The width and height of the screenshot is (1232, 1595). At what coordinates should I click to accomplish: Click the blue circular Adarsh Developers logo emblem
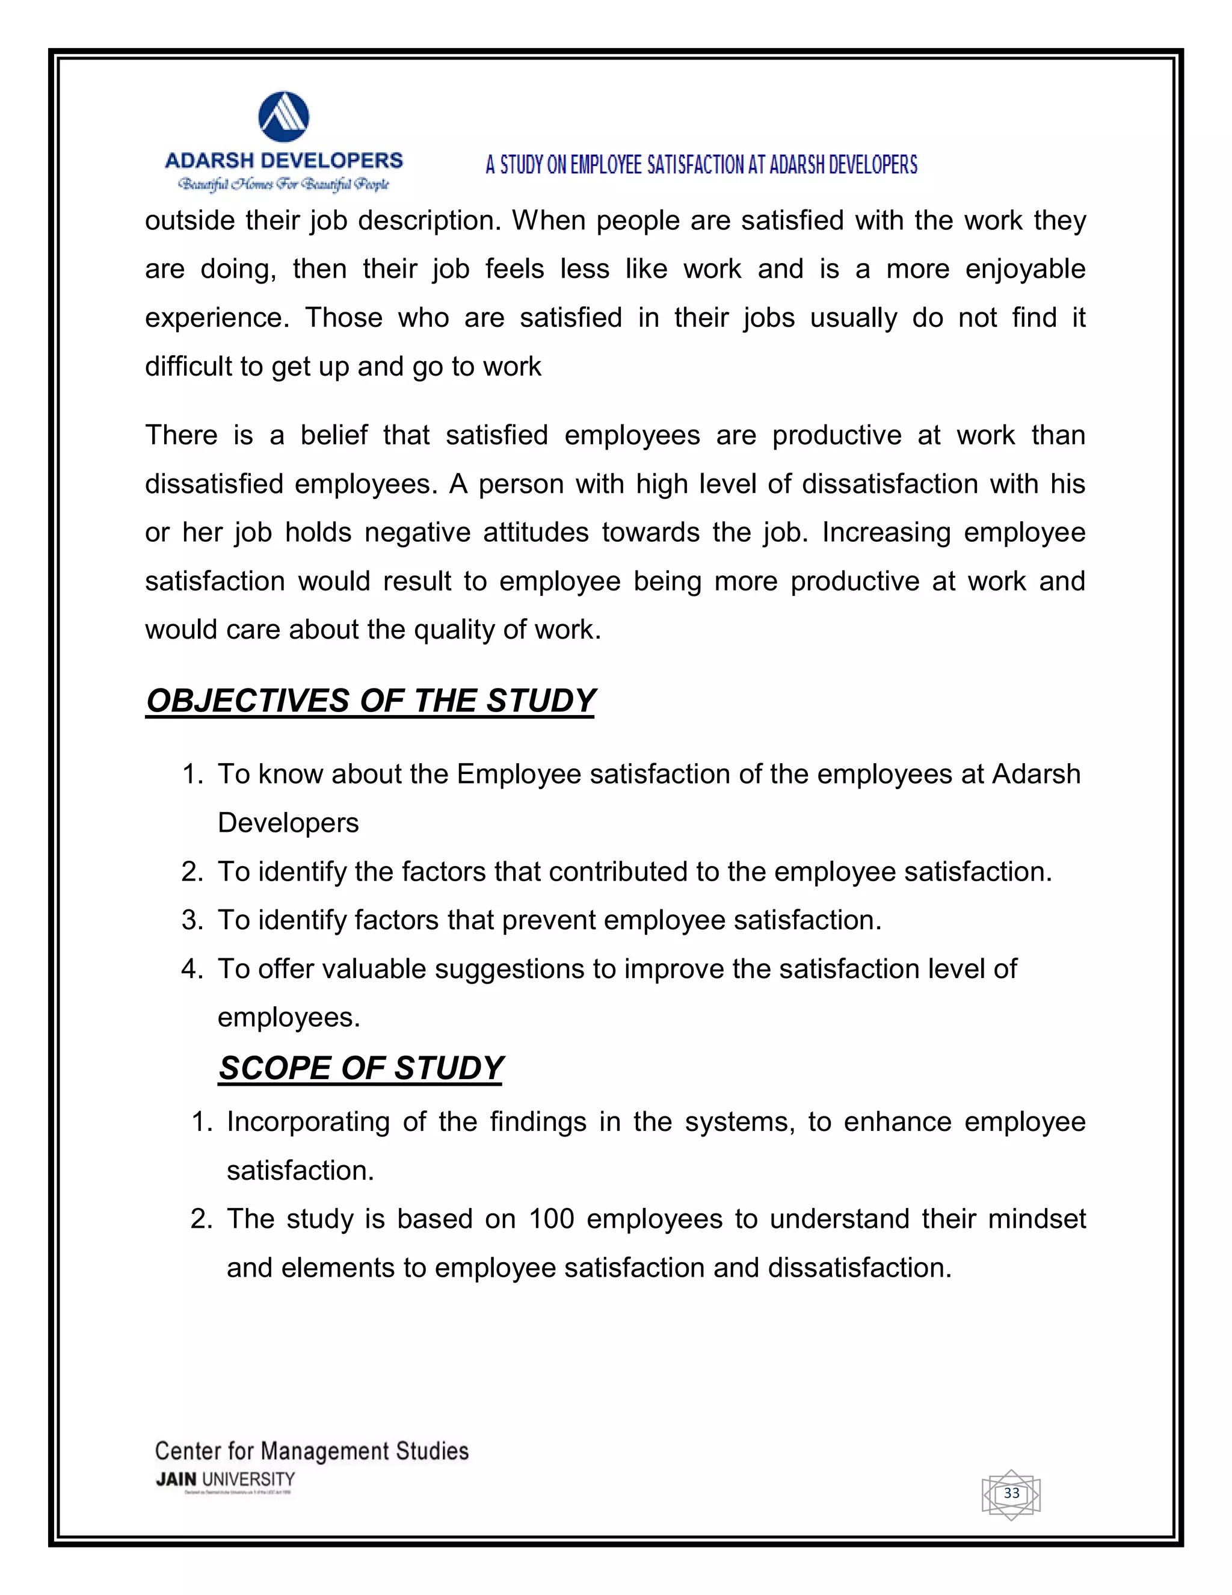pyautogui.click(x=284, y=117)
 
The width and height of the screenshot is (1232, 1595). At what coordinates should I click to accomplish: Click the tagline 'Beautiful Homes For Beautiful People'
pyautogui.click(x=284, y=184)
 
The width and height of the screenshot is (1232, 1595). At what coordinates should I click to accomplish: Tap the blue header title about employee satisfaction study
pyautogui.click(x=701, y=165)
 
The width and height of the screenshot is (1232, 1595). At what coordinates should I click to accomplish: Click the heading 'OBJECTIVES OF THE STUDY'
pyautogui.click(x=371, y=701)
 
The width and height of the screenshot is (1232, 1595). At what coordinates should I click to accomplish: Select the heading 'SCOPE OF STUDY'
pyautogui.click(x=360, y=1068)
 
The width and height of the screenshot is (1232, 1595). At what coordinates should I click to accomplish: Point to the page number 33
pyautogui.click(x=1011, y=1493)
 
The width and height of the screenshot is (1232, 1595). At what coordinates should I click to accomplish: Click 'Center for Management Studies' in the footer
pyautogui.click(x=312, y=1451)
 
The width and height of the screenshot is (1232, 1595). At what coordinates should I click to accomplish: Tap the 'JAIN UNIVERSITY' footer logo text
pyautogui.click(x=226, y=1479)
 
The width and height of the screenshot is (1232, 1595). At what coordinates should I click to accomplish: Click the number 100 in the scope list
pyautogui.click(x=551, y=1219)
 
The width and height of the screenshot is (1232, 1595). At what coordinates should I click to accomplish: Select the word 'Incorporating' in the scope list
pyautogui.click(x=308, y=1122)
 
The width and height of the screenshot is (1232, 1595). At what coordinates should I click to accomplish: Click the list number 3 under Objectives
pyautogui.click(x=191, y=920)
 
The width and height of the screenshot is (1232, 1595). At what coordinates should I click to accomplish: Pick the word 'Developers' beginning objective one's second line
pyautogui.click(x=288, y=823)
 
